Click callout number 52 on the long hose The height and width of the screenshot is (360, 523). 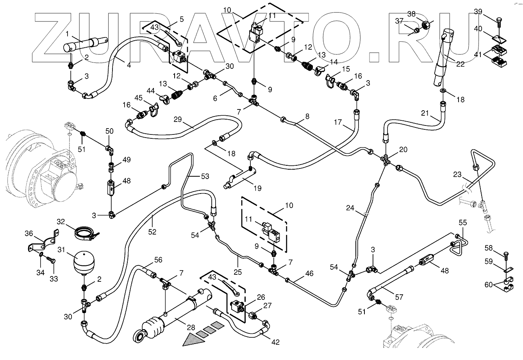click(152, 232)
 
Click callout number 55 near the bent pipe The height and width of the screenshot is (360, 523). click(462, 222)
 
